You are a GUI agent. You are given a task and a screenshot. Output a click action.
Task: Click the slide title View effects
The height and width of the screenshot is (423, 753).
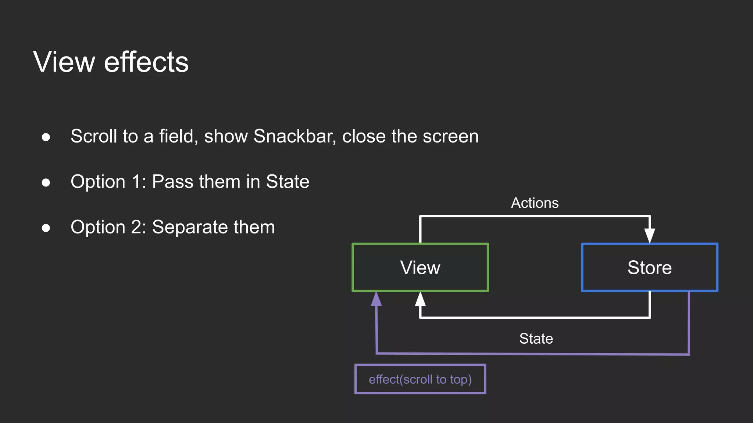coord(111,62)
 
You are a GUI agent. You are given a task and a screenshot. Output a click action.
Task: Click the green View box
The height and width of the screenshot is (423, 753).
coord(420,267)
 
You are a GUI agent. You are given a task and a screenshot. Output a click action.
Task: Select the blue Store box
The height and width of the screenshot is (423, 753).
coord(649,267)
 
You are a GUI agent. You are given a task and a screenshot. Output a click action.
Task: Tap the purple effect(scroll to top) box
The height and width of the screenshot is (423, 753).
coord(420,379)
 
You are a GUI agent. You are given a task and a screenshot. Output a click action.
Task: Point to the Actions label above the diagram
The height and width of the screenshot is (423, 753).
coord(535,203)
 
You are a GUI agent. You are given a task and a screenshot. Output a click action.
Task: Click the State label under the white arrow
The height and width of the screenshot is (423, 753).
coord(536,339)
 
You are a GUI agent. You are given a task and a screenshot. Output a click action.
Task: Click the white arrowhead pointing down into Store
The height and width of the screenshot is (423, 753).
coord(650,235)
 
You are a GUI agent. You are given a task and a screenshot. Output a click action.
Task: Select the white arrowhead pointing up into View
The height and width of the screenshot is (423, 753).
coord(420,300)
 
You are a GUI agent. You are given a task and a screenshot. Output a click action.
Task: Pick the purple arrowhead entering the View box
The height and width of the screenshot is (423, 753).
coord(376,299)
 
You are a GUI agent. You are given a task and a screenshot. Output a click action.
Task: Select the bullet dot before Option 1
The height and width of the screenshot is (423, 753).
coord(46,182)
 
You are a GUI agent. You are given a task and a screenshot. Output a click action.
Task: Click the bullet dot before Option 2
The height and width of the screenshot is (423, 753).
coord(46,228)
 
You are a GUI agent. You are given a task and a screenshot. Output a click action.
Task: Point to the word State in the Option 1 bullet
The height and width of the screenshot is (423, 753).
coord(288,182)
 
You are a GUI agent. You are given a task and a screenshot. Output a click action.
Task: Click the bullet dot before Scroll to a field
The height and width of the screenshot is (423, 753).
coord(46,137)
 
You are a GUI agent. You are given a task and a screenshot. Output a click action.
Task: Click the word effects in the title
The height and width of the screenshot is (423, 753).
coord(146,62)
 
